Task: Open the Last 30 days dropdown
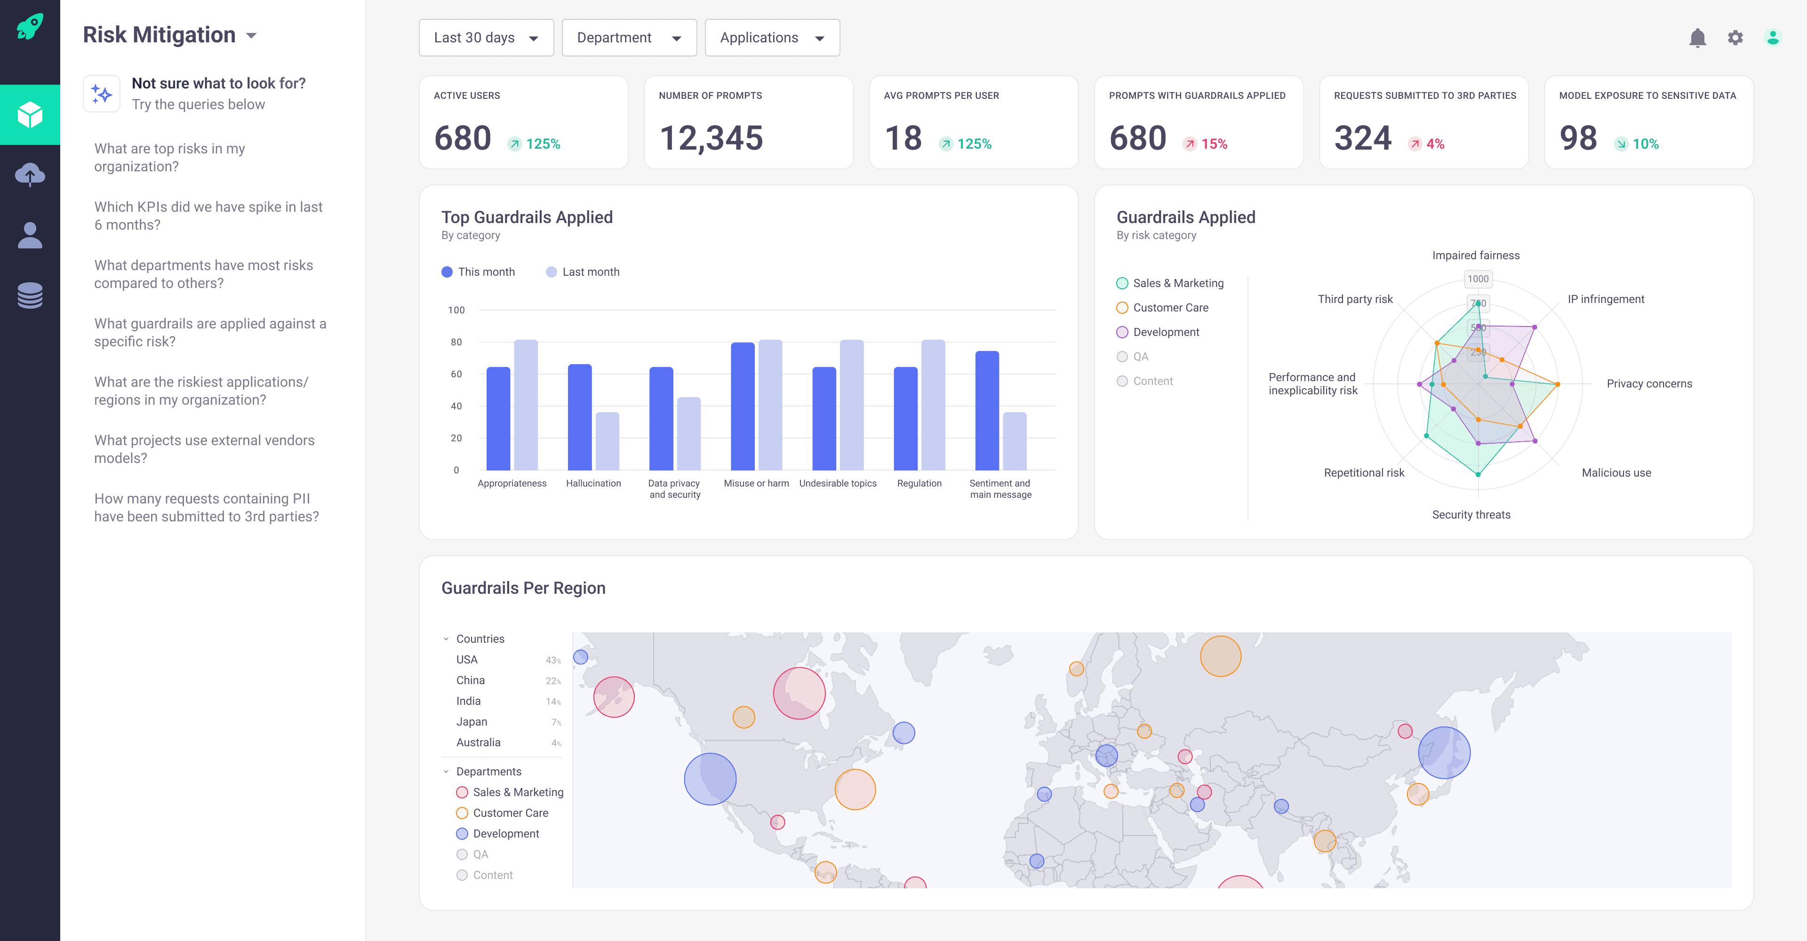(486, 38)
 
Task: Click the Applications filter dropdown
(772, 38)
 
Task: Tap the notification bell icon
(1697, 38)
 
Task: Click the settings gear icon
(1735, 38)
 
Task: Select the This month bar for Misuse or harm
(742, 406)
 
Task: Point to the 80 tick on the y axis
(456, 342)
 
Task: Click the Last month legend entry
(583, 272)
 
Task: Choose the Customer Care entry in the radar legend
(1170, 308)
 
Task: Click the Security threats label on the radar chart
(1471, 515)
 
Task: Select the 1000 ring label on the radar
(1477, 279)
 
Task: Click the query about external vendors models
(204, 449)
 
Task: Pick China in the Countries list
(470, 680)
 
